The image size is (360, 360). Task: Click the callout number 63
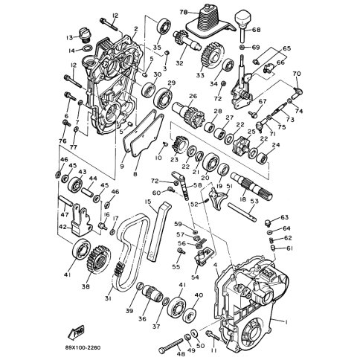pos(285,217)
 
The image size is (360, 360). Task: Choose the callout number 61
pos(290,248)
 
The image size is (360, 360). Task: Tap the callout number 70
pos(297,74)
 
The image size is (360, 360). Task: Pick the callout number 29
pos(171,83)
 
